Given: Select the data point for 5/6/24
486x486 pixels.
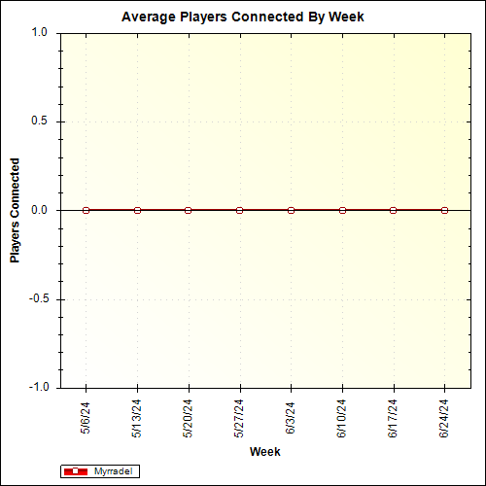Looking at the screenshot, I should (86, 210).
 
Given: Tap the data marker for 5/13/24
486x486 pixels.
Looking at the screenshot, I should (137, 210).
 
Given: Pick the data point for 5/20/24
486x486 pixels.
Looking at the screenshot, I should (188, 210).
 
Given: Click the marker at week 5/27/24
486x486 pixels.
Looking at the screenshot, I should (239, 210).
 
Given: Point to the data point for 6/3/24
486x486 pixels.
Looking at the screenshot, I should (291, 210).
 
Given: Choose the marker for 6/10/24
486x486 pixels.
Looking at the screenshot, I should (342, 210).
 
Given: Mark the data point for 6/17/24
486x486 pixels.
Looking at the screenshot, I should (393, 210).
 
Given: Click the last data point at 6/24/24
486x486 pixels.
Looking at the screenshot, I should (444, 210).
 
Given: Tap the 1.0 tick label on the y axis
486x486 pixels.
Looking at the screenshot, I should (40, 32).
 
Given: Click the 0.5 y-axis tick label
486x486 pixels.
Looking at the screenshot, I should (40, 121).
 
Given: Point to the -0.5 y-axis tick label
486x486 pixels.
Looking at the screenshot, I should (38, 298).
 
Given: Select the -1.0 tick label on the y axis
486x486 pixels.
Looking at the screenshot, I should (38, 387).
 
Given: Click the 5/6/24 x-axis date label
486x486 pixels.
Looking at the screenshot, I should (86, 418).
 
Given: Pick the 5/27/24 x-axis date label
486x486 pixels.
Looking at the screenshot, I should (239, 420).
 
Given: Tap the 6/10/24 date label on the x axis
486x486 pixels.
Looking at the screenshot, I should (342, 420).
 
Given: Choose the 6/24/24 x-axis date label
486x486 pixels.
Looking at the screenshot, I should (444, 420).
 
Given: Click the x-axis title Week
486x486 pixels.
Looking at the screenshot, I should (265, 452).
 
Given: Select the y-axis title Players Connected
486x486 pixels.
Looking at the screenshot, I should (15, 211).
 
